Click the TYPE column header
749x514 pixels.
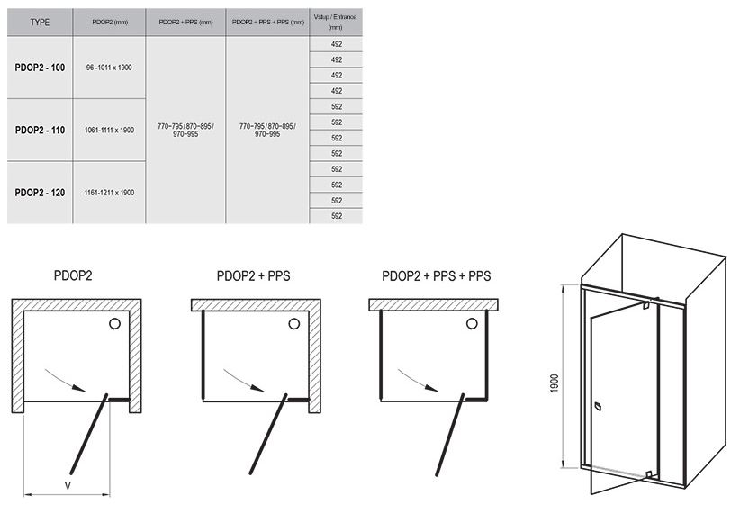(40, 22)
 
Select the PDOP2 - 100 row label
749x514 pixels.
(40, 68)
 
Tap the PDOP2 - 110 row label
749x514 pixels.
(40, 130)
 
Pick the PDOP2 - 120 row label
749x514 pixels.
(40, 193)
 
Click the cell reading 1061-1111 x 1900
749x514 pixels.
(110, 130)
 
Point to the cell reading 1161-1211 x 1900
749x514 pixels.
(110, 193)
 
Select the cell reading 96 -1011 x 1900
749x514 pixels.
(109, 68)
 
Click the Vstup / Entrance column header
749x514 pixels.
(335, 22)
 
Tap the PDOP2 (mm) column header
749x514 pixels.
(110, 22)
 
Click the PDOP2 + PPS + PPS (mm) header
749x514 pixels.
(268, 22)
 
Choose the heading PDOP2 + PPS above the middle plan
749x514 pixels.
(253, 276)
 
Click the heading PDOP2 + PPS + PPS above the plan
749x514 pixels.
(436, 276)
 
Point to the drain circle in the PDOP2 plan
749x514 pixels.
(114, 324)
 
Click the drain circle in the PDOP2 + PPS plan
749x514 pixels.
(294, 324)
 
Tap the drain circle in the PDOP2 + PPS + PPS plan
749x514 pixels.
(472, 324)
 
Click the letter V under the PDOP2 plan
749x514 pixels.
(68, 486)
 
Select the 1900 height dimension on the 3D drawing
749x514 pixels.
(555, 383)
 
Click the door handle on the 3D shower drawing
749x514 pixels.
(597, 407)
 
